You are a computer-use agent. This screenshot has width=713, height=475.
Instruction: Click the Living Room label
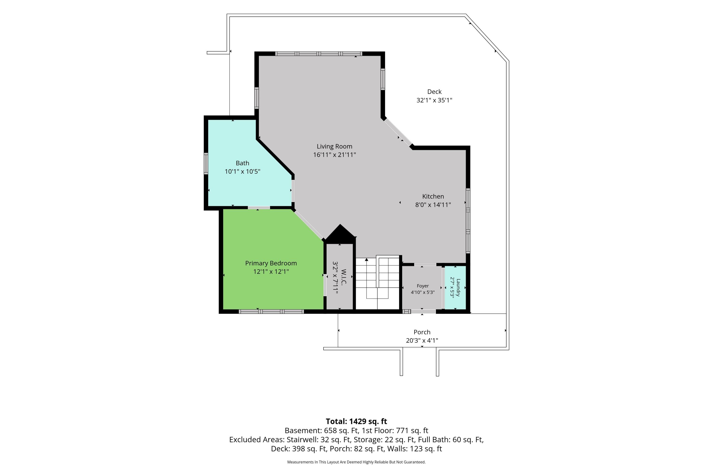click(x=334, y=146)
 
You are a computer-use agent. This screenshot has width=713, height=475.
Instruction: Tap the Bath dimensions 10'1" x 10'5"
click(x=242, y=171)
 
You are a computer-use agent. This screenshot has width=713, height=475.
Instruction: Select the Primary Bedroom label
click(x=271, y=263)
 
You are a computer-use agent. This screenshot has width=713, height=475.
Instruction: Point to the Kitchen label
click(x=433, y=196)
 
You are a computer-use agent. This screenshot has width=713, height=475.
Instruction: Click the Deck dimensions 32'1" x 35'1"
click(x=434, y=100)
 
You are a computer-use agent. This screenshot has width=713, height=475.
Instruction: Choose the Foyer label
click(x=423, y=286)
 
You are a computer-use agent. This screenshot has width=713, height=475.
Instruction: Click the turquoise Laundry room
click(x=455, y=287)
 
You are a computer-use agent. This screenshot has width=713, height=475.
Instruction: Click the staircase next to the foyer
click(x=377, y=283)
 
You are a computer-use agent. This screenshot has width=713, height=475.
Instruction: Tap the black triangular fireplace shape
click(x=340, y=234)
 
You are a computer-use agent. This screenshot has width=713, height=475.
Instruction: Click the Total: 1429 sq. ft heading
click(x=356, y=421)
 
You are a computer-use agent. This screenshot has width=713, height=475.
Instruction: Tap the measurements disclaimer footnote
click(x=356, y=462)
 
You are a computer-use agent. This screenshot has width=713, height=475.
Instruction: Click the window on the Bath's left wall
click(x=206, y=164)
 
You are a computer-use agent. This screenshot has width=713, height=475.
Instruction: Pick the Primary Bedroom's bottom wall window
click(x=271, y=311)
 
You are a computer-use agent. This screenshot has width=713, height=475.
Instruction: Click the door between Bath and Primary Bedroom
click(x=259, y=208)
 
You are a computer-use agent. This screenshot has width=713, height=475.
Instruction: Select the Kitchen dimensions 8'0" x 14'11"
click(x=433, y=205)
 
